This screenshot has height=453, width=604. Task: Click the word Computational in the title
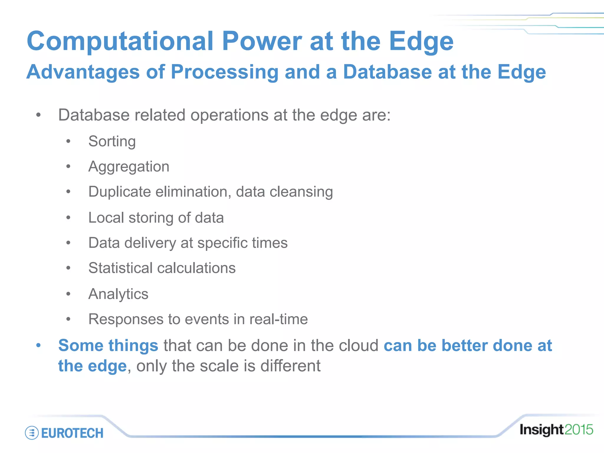[x=119, y=41]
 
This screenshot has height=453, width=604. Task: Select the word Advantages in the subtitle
[x=83, y=72]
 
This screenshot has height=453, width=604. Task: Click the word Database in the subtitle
[x=387, y=72]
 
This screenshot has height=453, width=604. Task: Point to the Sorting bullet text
[x=112, y=142]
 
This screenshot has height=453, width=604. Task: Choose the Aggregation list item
[x=129, y=167]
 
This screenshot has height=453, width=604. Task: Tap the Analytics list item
[x=118, y=294]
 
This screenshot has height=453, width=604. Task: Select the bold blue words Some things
[x=108, y=346]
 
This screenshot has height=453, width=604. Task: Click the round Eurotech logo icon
[x=32, y=433]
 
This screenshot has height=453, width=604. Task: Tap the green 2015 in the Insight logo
[x=579, y=430]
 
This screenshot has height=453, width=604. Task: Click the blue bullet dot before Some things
[x=38, y=345]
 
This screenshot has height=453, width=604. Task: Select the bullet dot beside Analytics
[x=68, y=294]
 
